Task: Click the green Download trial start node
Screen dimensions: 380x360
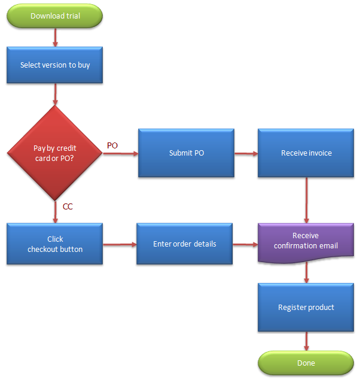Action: [55, 16]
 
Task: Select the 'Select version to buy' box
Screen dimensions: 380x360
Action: [55, 65]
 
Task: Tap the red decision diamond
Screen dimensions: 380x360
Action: [55, 153]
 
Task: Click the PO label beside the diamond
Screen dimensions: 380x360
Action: [112, 145]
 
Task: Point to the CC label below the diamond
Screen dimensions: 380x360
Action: [68, 207]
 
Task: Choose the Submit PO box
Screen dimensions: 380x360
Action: [186, 153]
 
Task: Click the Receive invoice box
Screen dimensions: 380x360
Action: [306, 153]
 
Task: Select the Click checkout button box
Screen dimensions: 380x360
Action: [55, 244]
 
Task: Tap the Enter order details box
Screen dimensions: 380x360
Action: [184, 244]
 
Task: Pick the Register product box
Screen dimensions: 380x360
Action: [306, 308]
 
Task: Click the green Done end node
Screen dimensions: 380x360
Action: [306, 363]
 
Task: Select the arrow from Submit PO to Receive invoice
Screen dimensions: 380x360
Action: [246, 153]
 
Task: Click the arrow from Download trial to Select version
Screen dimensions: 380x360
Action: [55, 37]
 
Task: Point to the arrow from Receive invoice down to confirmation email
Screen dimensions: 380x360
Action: [306, 200]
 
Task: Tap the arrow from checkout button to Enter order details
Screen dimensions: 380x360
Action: [120, 244]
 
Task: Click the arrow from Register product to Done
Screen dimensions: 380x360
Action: [306, 341]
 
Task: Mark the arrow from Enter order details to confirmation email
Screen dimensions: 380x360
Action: [245, 244]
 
